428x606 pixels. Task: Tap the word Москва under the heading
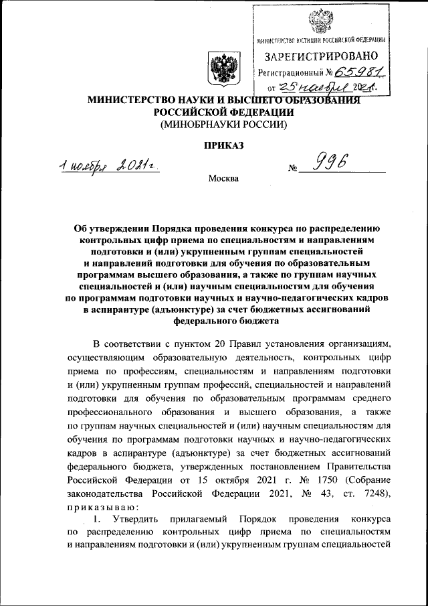coord(223,178)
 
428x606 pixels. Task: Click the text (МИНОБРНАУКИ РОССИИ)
coord(223,125)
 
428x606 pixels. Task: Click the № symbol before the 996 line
coord(292,169)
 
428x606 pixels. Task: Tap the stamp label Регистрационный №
coord(295,72)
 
